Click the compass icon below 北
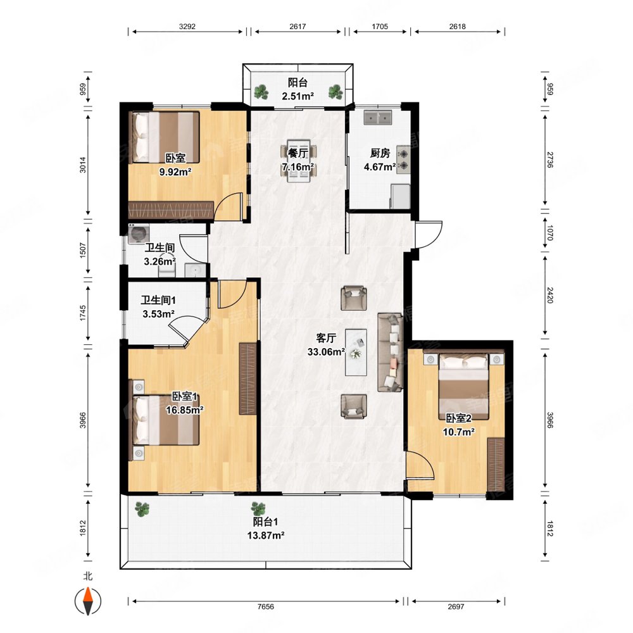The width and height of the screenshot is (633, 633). (87, 601)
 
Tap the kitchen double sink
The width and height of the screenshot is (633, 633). (378, 118)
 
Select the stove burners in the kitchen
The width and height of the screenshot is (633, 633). (403, 160)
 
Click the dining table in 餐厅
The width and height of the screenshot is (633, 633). (299, 161)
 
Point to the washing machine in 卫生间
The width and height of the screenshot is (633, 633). (139, 234)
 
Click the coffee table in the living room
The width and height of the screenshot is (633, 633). (356, 352)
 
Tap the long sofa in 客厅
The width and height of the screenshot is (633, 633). (390, 352)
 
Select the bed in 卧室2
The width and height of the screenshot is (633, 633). (464, 386)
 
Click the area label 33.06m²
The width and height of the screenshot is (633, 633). (326, 351)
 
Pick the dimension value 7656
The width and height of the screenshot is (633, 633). (266, 606)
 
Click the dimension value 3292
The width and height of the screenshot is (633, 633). (187, 26)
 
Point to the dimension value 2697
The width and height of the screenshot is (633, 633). (456, 606)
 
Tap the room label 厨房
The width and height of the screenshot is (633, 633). (380, 153)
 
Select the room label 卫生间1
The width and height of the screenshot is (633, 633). (158, 300)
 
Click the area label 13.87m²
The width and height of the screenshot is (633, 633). (266, 536)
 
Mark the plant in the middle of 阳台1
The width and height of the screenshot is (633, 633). (258, 509)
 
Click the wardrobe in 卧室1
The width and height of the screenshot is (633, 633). (248, 379)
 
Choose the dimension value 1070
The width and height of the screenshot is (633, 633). (549, 233)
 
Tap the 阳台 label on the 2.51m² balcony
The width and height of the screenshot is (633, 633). (298, 83)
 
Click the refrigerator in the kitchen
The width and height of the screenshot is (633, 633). (400, 196)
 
